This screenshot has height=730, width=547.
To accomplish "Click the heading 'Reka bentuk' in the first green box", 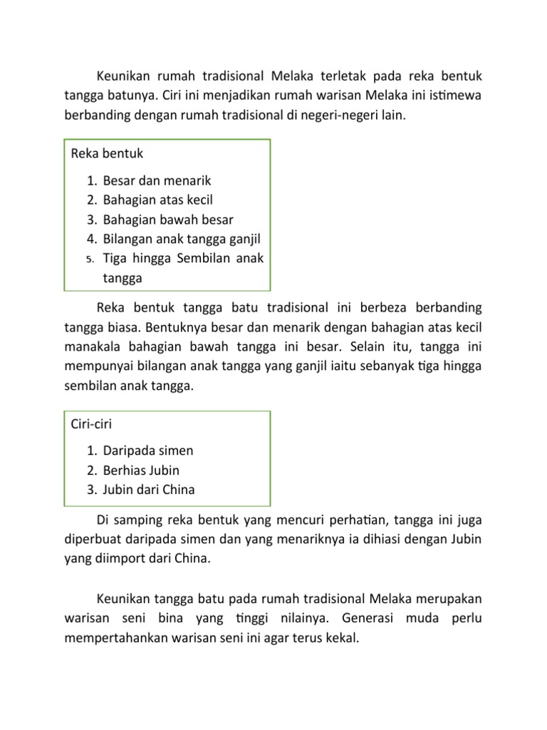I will pos(108,153).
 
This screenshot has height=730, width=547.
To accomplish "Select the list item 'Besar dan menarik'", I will pos(157,181).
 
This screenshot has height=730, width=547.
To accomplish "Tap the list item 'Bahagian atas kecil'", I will pos(157,200).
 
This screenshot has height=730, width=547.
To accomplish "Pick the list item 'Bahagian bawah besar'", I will pos(168,220).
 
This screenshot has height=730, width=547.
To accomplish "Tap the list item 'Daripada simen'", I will pos(148,451).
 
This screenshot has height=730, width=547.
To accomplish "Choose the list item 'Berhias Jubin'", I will pos(141,471).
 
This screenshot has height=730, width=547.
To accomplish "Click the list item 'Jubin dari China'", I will pos(149,490).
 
